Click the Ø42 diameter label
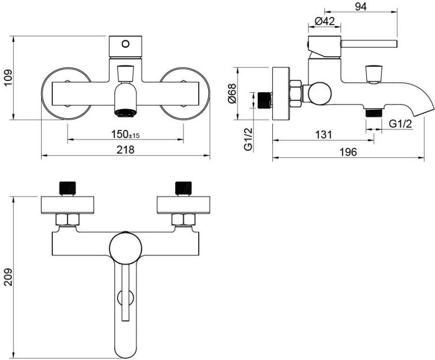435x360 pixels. tap(325, 21)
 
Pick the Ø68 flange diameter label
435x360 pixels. tap(247, 93)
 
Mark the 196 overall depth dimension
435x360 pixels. tap(348, 152)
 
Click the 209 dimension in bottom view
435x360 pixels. tap(7, 276)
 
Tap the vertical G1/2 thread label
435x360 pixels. tap(247, 139)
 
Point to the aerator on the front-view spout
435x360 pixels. tap(124, 112)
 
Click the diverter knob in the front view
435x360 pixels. tap(125, 73)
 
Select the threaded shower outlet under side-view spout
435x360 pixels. tap(371, 112)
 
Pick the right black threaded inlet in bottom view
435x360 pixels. tap(183, 188)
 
